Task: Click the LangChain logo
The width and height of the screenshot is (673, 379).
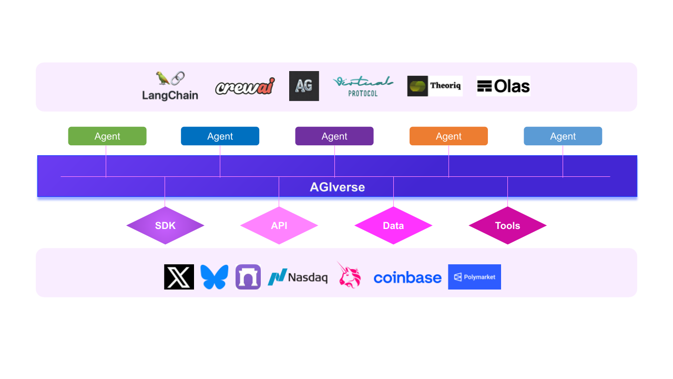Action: pyautogui.click(x=170, y=86)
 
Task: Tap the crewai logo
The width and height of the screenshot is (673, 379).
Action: pyautogui.click(x=244, y=86)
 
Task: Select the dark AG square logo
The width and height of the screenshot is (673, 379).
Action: pyautogui.click(x=304, y=86)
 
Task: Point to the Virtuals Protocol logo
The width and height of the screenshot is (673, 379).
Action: pyautogui.click(x=363, y=86)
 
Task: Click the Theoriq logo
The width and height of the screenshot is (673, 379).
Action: pyautogui.click(x=435, y=86)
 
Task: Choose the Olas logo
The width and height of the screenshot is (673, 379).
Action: pyautogui.click(x=503, y=86)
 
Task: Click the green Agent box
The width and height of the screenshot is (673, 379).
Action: pyautogui.click(x=107, y=136)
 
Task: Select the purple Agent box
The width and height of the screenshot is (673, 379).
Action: pyautogui.click(x=334, y=136)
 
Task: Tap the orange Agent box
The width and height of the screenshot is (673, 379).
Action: pyautogui.click(x=448, y=136)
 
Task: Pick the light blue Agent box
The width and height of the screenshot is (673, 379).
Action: pyautogui.click(x=563, y=136)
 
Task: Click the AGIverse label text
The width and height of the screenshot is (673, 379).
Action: pyautogui.click(x=337, y=187)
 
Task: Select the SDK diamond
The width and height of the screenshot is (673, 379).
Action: pyautogui.click(x=165, y=225)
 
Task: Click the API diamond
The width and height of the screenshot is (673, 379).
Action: pyautogui.click(x=279, y=225)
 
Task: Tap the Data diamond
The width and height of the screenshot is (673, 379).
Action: pyautogui.click(x=393, y=225)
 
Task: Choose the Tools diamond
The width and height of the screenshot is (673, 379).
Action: pyautogui.click(x=507, y=225)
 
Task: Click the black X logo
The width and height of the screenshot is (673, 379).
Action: pyautogui.click(x=179, y=277)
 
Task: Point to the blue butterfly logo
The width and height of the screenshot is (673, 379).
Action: pyautogui.click(x=214, y=277)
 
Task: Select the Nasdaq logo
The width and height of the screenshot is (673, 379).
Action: pyautogui.click(x=298, y=277)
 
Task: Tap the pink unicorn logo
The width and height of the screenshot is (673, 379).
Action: pyautogui.click(x=349, y=276)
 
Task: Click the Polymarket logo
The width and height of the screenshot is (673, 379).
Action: pyautogui.click(x=474, y=277)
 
